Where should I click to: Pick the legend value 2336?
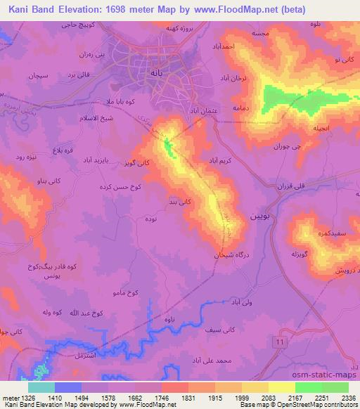347,396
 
